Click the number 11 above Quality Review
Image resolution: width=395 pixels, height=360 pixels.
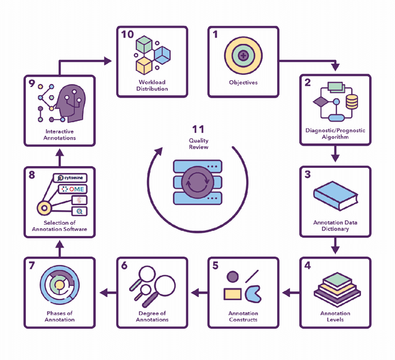point(197,130)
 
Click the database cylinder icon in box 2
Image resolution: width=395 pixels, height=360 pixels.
point(351,101)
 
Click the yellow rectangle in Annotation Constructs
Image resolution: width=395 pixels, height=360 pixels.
point(233,293)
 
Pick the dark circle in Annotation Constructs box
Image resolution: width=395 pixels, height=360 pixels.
point(233,277)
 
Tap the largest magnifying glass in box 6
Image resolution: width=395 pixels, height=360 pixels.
point(164,285)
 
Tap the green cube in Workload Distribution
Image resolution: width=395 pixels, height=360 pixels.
point(144,45)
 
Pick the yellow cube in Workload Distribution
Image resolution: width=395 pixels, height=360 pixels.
point(144,65)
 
